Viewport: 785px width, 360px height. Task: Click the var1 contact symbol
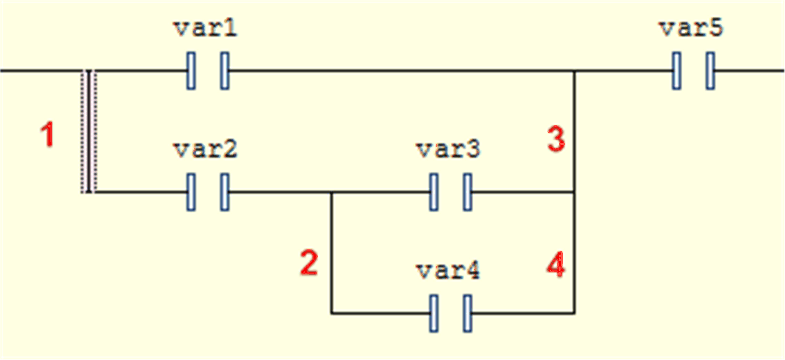pyautogui.click(x=208, y=71)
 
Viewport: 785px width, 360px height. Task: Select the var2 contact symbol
pyautogui.click(x=208, y=192)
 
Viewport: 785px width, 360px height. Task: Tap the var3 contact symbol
pyautogui.click(x=450, y=192)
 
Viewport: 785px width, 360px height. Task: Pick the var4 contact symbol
pyautogui.click(x=450, y=314)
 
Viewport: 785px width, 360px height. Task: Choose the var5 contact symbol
pyautogui.click(x=693, y=71)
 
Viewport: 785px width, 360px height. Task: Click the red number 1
pyautogui.click(x=47, y=134)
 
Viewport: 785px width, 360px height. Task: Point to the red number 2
pyautogui.click(x=309, y=263)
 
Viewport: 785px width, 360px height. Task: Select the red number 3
pyautogui.click(x=556, y=139)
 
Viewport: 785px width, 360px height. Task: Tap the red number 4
pyautogui.click(x=556, y=265)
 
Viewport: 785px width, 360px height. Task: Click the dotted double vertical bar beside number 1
pyautogui.click(x=89, y=132)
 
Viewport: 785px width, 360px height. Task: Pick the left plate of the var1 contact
pyautogui.click(x=191, y=71)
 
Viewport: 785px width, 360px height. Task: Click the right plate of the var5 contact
pyautogui.click(x=710, y=71)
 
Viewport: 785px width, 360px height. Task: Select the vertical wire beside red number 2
pyautogui.click(x=331, y=254)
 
